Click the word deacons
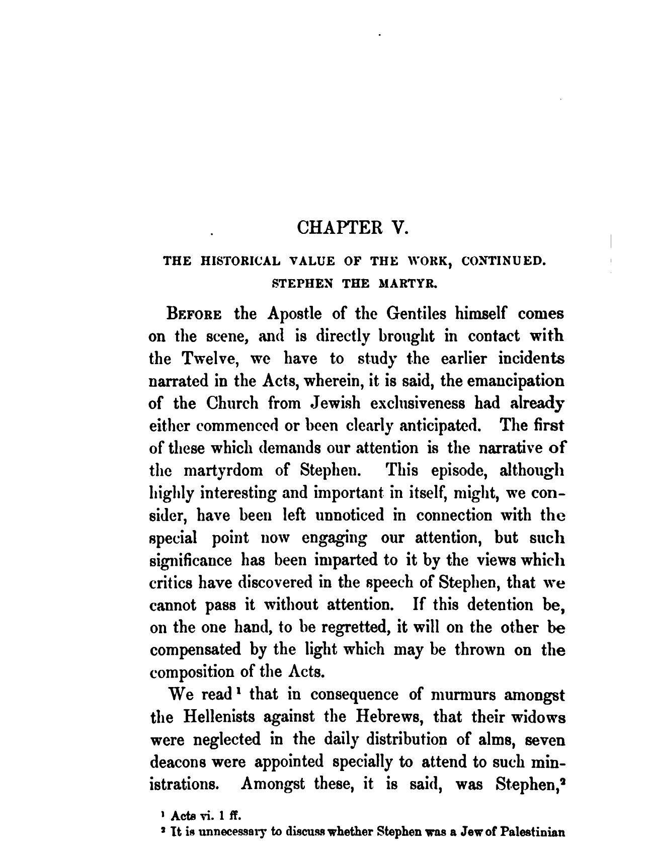[182, 761]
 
